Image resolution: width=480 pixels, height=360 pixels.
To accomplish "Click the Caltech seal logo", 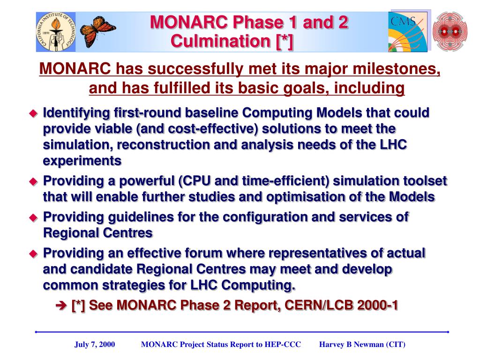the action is point(56,32).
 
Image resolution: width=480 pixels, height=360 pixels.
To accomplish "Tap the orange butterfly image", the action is point(97,31).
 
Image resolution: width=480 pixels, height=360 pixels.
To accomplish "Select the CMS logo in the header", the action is point(408,32).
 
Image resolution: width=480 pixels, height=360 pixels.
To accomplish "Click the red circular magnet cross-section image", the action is point(450,31).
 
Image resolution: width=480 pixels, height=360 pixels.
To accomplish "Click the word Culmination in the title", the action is point(220,41).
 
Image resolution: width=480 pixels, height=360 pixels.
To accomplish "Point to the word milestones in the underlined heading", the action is point(397,68).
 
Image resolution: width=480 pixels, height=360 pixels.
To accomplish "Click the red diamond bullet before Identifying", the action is point(33,113).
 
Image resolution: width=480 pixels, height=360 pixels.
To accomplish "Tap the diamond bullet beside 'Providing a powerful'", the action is point(33,181).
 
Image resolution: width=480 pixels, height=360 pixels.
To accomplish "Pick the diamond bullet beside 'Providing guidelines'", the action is point(33,217).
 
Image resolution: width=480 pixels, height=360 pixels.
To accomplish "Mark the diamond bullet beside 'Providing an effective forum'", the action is point(33,254).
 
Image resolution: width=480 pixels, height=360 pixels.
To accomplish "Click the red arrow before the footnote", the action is point(61,306).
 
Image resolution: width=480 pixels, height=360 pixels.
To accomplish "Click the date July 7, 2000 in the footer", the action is point(95,345).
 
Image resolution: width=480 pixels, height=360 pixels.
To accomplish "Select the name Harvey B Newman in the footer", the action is point(348,345).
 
